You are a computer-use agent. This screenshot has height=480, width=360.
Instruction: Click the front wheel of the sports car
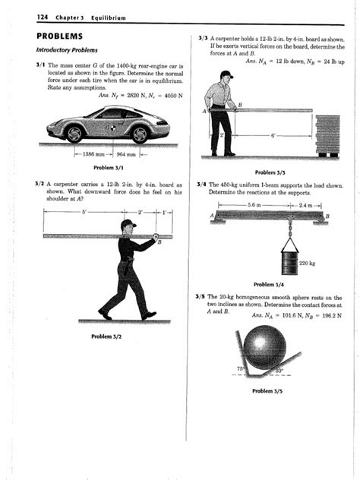[74, 133]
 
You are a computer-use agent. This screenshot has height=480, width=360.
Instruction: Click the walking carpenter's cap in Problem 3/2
[127, 223]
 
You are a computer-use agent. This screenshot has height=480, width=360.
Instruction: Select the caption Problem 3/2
[107, 336]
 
